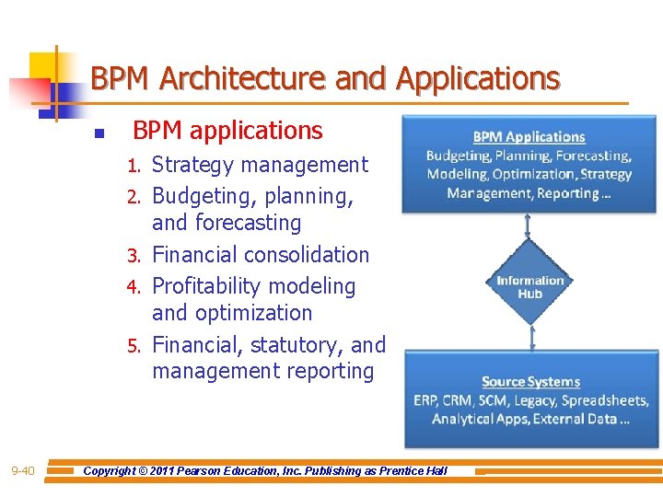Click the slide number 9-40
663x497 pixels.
point(23,471)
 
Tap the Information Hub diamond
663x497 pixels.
point(529,287)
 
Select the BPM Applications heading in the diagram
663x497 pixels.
point(529,137)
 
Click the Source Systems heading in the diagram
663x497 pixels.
point(530,382)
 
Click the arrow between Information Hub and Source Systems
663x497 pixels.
point(530,338)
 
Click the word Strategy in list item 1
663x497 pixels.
point(192,166)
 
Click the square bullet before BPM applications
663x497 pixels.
point(99,133)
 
